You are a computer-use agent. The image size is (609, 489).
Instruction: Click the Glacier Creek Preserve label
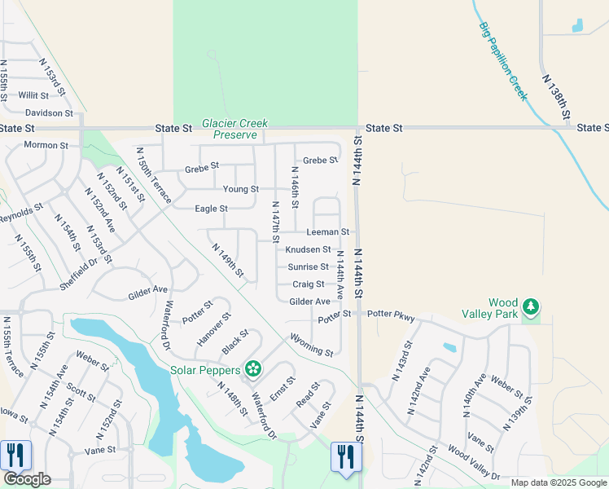[x=235, y=129]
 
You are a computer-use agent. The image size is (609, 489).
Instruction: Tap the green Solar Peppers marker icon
[x=253, y=370]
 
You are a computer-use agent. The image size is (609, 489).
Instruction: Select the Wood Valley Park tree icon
[x=531, y=306]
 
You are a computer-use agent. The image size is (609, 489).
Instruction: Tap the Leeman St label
[x=327, y=232]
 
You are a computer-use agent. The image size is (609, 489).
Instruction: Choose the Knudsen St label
[x=308, y=249]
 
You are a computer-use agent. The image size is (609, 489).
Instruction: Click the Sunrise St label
[x=308, y=267]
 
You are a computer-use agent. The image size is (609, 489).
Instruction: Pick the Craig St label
[x=309, y=284]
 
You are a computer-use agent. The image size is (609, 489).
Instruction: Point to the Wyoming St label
[x=311, y=346]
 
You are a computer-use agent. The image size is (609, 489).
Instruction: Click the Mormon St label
[x=46, y=145]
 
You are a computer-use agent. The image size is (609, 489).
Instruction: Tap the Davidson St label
[x=49, y=112]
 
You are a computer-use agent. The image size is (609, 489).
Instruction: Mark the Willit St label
[x=33, y=95]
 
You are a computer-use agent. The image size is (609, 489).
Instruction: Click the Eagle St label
[x=211, y=209]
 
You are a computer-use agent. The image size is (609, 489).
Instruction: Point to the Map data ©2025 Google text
[x=559, y=482]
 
